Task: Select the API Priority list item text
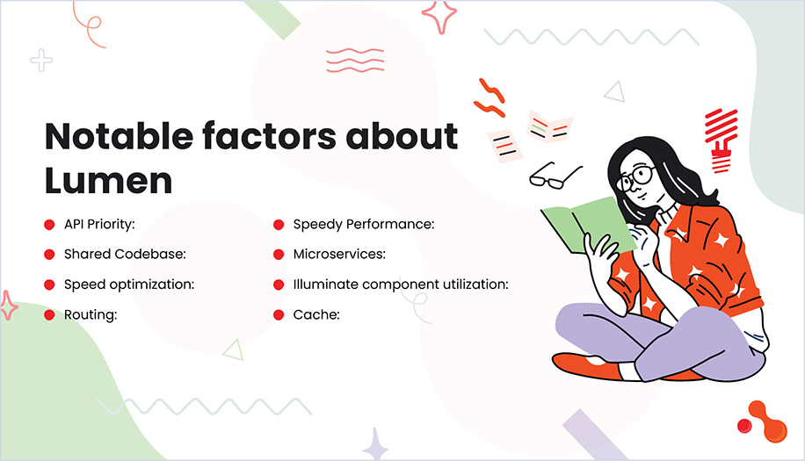98,225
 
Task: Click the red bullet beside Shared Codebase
49,255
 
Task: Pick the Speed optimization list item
129,285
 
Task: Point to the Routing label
91,314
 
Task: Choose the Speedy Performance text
364,225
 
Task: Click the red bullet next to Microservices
278,255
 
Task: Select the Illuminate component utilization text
401,285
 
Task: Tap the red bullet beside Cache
278,314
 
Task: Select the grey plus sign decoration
41,61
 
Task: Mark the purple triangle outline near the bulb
614,91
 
